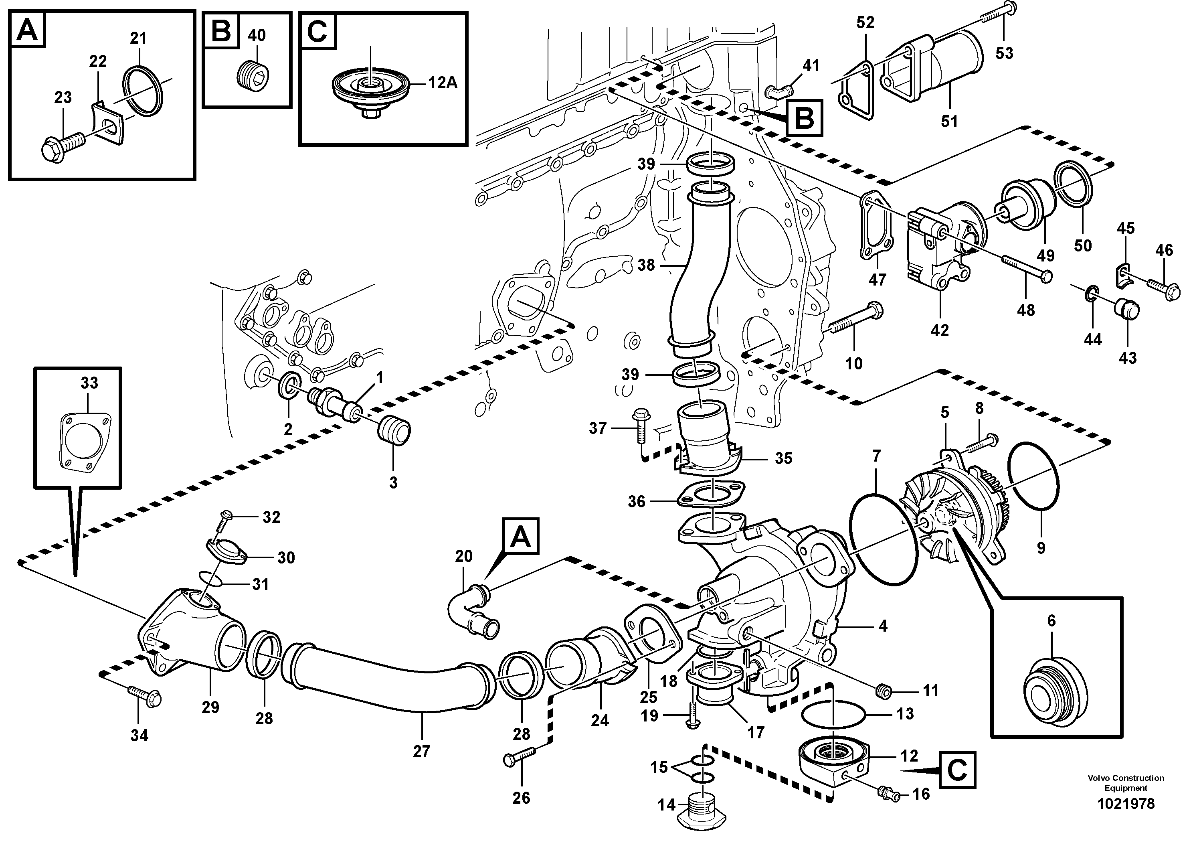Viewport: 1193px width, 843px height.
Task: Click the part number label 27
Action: point(421,752)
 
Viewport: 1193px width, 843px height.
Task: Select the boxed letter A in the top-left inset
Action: point(27,30)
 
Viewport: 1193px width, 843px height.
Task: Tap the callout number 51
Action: point(949,122)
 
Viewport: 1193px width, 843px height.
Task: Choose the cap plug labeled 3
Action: point(395,432)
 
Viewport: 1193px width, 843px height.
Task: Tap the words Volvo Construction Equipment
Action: point(1125,783)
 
